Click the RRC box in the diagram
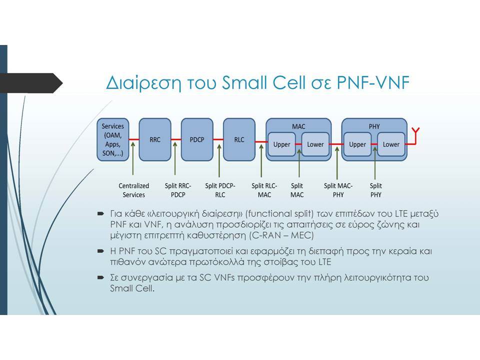(x=155, y=139)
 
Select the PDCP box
(x=197, y=139)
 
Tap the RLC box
(x=239, y=139)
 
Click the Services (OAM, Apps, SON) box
(x=113, y=139)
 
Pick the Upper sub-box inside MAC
(x=281, y=144)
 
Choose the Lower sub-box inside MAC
(x=315, y=144)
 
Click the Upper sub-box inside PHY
(x=357, y=144)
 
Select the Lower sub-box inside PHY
(x=391, y=144)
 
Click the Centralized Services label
(x=134, y=190)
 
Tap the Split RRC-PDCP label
(x=178, y=190)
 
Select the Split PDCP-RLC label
(x=220, y=190)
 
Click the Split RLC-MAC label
(x=264, y=190)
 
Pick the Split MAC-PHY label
(x=338, y=190)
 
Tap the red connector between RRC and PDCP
(x=176, y=139)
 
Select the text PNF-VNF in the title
(x=373, y=82)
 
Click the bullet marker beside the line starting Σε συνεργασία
(x=100, y=277)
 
